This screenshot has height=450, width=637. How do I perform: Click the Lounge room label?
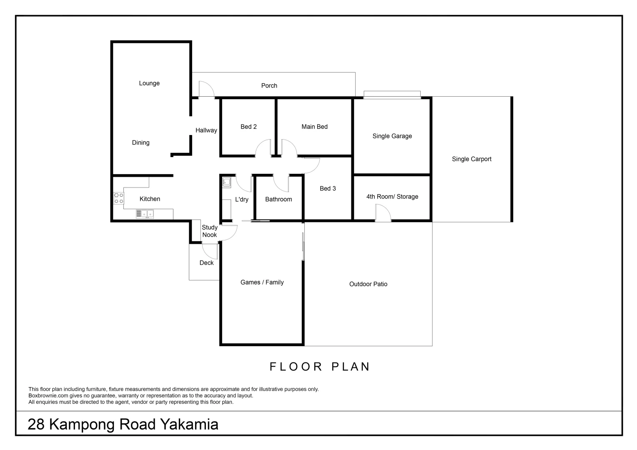tap(149, 83)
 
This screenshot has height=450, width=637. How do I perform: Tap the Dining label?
tap(140, 142)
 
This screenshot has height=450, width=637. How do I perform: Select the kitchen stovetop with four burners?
tap(118, 198)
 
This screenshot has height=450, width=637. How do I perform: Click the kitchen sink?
tap(145, 214)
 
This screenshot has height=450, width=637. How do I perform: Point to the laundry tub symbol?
tap(226, 182)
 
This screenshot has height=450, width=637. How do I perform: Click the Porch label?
tap(269, 85)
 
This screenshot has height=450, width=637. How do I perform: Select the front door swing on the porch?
tap(206, 89)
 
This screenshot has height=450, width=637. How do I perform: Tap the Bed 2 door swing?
tap(263, 148)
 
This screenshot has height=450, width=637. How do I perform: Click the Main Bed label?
tap(314, 127)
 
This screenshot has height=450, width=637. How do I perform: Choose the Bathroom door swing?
tap(281, 182)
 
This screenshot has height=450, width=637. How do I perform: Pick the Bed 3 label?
tap(328, 189)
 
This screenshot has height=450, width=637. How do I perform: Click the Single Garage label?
tap(392, 136)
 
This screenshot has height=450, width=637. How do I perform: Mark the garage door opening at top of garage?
tap(392, 95)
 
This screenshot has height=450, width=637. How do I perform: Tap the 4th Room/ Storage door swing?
tap(383, 214)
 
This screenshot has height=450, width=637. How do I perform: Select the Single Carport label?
tap(471, 159)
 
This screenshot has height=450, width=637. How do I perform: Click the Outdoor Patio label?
tap(368, 284)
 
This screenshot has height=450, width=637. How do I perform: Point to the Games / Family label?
tap(262, 282)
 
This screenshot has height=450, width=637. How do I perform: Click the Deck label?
tap(206, 263)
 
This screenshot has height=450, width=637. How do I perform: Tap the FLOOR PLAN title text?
tap(320, 367)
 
